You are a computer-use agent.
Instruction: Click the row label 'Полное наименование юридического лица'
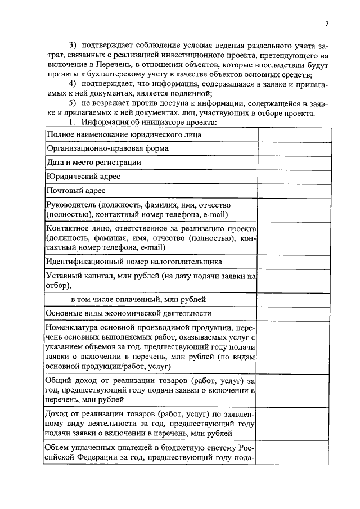coord(124,135)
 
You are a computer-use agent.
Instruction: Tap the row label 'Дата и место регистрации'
coord(93,162)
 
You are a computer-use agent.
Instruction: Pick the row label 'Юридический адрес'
coord(83,176)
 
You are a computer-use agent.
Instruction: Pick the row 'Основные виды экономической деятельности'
coord(129,313)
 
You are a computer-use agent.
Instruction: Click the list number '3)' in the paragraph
coord(72,44)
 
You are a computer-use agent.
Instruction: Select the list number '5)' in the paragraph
coord(72,103)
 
